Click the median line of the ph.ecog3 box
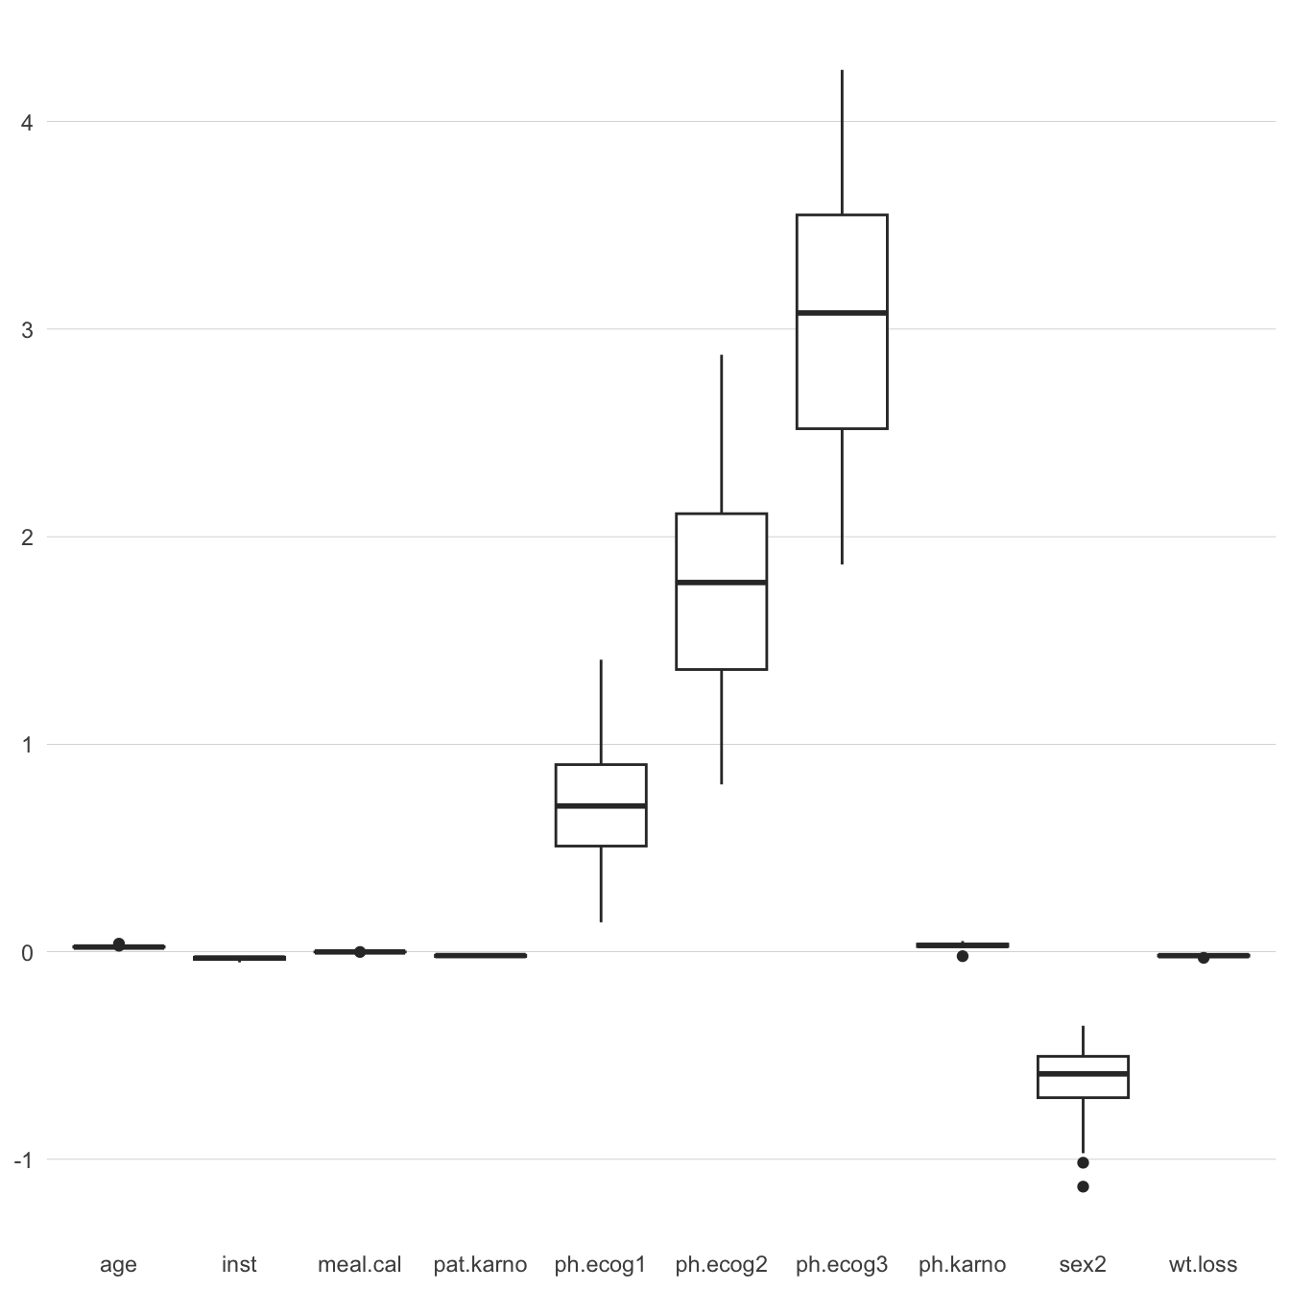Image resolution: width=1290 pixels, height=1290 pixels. pyautogui.click(x=842, y=313)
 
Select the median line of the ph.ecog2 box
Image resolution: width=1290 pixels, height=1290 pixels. pyautogui.click(x=721, y=583)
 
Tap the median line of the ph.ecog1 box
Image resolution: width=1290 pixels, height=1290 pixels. pyautogui.click(x=601, y=805)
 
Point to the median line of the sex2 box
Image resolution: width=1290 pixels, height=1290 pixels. pyautogui.click(x=1083, y=1074)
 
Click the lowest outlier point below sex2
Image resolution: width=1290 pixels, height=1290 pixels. pyautogui.click(x=1083, y=1186)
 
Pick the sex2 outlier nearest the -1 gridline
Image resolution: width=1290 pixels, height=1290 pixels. pyautogui.click(x=1083, y=1162)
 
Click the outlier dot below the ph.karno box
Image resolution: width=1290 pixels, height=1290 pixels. pyautogui.click(x=962, y=956)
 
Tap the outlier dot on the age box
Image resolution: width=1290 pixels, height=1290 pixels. pyautogui.click(x=118, y=944)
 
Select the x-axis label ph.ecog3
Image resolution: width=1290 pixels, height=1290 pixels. pyautogui.click(x=842, y=1264)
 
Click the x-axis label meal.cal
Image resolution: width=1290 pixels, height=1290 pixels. pyautogui.click(x=360, y=1264)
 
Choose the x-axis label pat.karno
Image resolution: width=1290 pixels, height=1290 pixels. pyautogui.click(x=480, y=1264)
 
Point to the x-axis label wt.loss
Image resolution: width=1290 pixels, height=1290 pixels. pyautogui.click(x=1203, y=1264)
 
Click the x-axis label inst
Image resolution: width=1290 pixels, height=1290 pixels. pyautogui.click(x=239, y=1264)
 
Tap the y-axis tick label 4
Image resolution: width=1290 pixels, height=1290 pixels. pyautogui.click(x=27, y=123)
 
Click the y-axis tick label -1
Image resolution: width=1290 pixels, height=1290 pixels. pyautogui.click(x=23, y=1160)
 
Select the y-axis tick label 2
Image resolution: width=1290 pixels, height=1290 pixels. pyautogui.click(x=27, y=537)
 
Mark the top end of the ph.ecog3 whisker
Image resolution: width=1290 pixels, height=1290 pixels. pyautogui.click(x=842, y=70)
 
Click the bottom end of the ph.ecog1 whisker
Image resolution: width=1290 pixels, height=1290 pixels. pyautogui.click(x=601, y=921)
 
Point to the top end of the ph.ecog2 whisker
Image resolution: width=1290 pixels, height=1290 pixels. pyautogui.click(x=721, y=355)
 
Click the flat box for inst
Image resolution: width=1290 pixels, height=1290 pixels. pyautogui.click(x=239, y=958)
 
